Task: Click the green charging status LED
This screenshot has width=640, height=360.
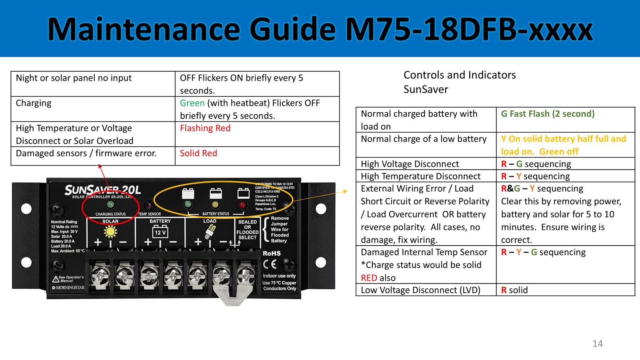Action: [x=110, y=205]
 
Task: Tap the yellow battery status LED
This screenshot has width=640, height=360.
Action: [x=215, y=205]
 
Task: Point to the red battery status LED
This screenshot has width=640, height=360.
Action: [x=243, y=205]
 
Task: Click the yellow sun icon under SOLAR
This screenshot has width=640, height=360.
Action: [x=110, y=232]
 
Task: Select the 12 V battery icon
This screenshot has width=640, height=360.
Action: [x=160, y=232]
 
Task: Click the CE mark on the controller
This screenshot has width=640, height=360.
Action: [x=270, y=264]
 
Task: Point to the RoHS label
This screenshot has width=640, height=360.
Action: [x=272, y=253]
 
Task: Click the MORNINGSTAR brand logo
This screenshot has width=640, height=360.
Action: [x=68, y=288]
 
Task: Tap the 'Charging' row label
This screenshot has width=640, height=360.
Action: [x=34, y=103]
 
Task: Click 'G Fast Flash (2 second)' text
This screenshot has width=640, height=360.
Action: [x=548, y=114]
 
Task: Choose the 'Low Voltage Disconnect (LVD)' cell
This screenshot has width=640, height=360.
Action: [x=420, y=290]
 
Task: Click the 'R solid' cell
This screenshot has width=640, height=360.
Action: [x=514, y=290]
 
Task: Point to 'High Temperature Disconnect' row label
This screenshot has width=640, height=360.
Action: [x=420, y=176]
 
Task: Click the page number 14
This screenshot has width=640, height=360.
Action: [x=598, y=344]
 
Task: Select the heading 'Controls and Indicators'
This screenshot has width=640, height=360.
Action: [x=460, y=75]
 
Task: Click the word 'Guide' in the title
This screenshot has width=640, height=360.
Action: [x=292, y=29]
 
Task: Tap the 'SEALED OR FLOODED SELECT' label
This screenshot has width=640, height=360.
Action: [x=248, y=230]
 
